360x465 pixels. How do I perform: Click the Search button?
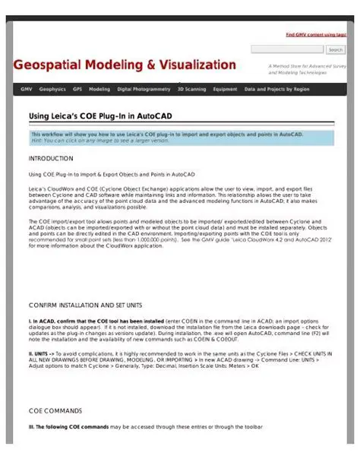(336, 50)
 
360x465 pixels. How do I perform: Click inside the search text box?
(287, 50)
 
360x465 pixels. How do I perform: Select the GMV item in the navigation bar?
(27, 89)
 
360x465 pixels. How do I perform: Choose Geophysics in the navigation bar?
(52, 89)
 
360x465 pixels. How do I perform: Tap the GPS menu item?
(77, 89)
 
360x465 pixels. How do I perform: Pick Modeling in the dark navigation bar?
(99, 89)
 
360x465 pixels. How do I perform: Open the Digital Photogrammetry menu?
(144, 89)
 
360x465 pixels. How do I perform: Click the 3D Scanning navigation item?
(191, 89)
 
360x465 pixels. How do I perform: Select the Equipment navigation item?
(225, 89)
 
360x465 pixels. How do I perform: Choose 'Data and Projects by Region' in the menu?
(276, 89)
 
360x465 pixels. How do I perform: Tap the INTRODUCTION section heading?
(51, 159)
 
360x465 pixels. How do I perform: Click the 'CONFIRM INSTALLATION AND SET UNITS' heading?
(85, 305)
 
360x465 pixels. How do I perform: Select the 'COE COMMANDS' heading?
(55, 411)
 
